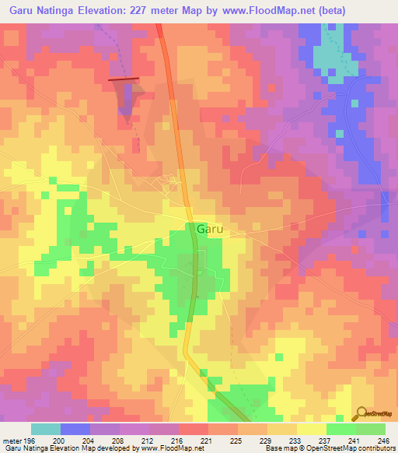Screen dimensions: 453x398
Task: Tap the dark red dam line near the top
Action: [124, 79]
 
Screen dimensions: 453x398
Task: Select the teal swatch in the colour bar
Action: [46, 429]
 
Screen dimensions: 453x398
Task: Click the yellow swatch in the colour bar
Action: [312, 429]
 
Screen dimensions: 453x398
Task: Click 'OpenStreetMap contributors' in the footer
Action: [348, 448]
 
